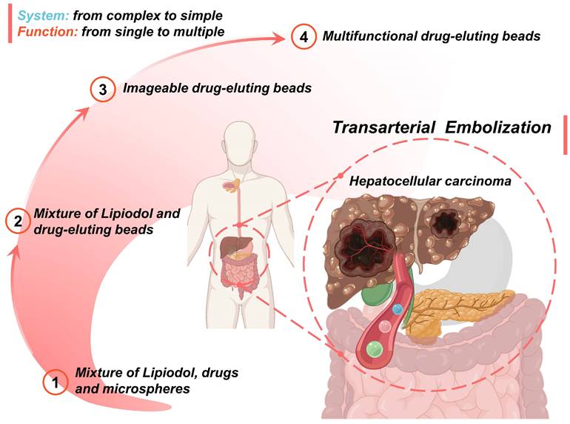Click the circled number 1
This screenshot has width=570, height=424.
(x=56, y=382)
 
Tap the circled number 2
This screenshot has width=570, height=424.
(x=18, y=221)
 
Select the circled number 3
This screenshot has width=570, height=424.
(x=103, y=89)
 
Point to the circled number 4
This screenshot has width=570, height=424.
(x=304, y=37)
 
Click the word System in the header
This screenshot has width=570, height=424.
(x=43, y=16)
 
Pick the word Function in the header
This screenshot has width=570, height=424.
(x=47, y=32)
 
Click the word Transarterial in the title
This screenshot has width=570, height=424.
(x=383, y=127)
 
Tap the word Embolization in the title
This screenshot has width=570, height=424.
(x=498, y=127)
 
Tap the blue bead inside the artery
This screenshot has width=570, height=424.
(x=398, y=309)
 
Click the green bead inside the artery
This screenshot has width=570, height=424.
(x=375, y=349)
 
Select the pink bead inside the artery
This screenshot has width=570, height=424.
(x=385, y=326)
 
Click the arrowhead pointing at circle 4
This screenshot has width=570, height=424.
(x=278, y=39)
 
